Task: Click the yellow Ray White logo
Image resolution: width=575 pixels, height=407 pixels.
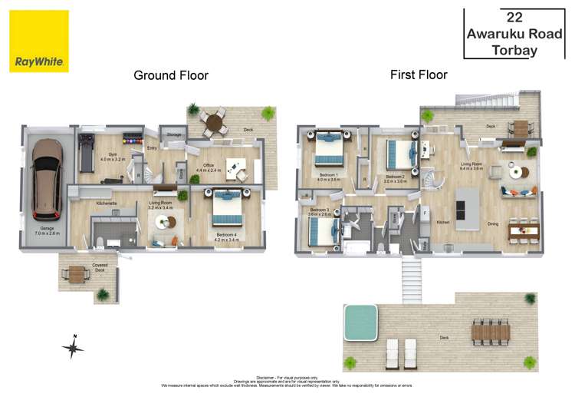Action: point(39,41)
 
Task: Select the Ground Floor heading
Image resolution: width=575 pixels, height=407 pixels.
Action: point(171,75)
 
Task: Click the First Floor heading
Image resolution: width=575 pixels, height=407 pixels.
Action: point(418,74)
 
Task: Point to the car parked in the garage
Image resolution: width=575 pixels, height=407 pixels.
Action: point(48,177)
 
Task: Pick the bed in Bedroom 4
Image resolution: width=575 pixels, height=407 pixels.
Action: point(227,206)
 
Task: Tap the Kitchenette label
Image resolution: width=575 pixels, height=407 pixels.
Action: point(106,203)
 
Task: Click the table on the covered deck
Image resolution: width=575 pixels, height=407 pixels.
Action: point(78,273)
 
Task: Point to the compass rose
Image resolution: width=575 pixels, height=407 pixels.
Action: point(73,348)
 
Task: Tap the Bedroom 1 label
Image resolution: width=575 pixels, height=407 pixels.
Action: point(329,176)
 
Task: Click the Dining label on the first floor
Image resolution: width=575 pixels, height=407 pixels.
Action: point(495,223)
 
